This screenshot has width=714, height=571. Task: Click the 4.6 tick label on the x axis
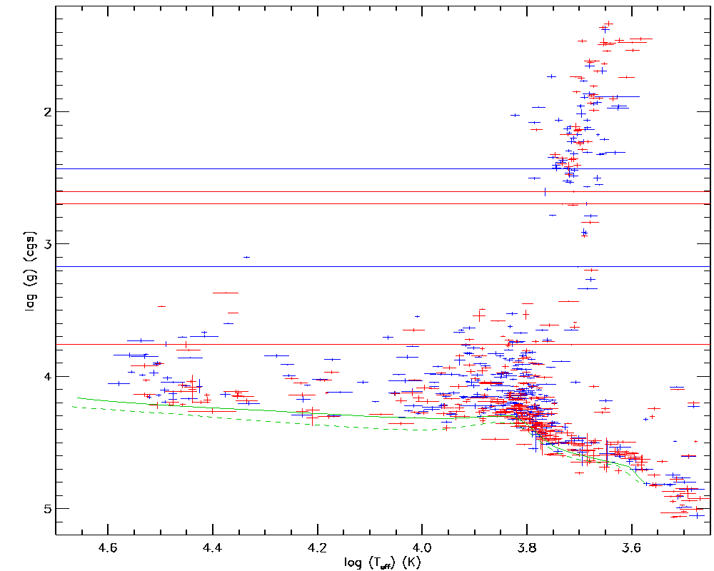(x=108, y=548)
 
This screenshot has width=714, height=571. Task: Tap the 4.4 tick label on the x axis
(x=213, y=548)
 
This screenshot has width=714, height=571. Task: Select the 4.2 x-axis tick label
(x=318, y=548)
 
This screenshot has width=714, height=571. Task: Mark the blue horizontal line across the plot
(x=286, y=169)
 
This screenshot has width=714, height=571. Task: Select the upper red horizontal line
(x=286, y=191)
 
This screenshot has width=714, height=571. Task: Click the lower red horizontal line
(x=286, y=344)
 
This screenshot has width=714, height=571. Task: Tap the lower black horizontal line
(x=286, y=266)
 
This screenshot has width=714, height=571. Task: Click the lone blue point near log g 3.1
(x=246, y=257)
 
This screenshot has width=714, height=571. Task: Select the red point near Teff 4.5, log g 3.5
(x=161, y=306)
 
